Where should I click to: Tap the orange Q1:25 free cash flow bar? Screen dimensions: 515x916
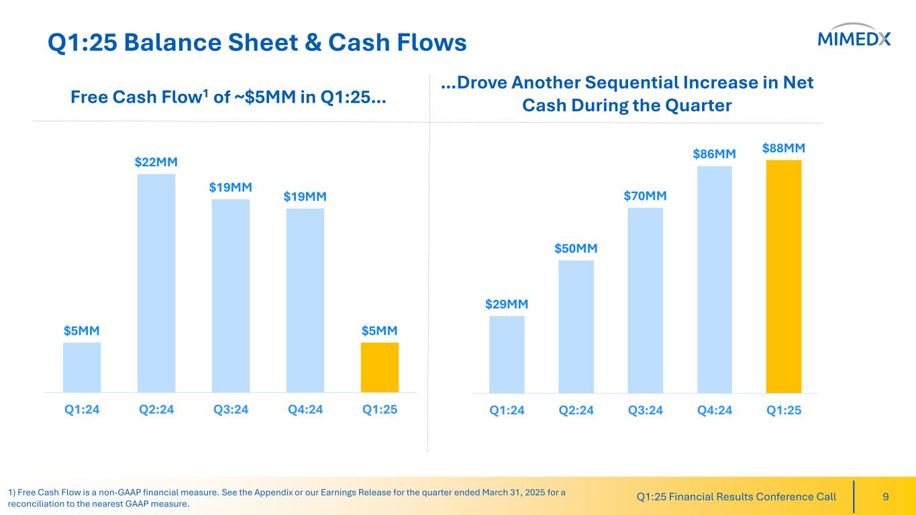click(x=380, y=367)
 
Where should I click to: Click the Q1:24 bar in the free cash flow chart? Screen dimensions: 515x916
click(x=82, y=367)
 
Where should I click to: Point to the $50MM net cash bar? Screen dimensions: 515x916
click(x=576, y=326)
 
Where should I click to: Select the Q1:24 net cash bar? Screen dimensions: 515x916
click(x=507, y=354)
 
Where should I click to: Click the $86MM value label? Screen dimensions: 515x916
click(x=715, y=154)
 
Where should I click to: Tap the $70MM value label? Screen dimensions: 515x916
click(x=645, y=196)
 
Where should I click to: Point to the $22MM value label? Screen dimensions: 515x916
click(x=156, y=162)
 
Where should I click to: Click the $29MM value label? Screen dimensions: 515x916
click(x=507, y=304)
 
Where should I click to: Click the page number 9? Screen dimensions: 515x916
click(x=886, y=497)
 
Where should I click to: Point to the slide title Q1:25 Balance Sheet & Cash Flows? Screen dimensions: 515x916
click(x=257, y=43)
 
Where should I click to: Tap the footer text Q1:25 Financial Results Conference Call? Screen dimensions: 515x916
click(x=735, y=497)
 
